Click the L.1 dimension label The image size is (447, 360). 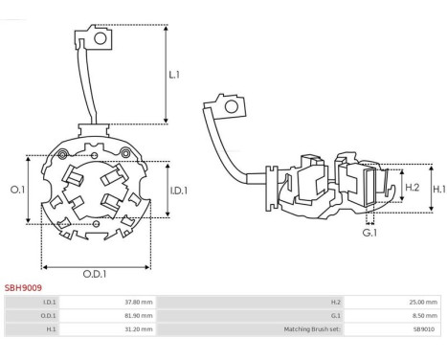(174, 75)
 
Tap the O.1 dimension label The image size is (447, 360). (17, 190)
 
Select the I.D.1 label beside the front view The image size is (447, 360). (179, 191)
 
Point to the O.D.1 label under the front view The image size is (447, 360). (95, 274)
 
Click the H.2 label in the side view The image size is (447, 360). (412, 188)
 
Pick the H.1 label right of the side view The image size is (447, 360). (439, 190)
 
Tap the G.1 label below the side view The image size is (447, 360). (369, 233)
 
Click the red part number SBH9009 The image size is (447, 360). (23, 288)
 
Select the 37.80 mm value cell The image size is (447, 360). (139, 302)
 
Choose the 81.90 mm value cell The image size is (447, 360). (139, 316)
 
